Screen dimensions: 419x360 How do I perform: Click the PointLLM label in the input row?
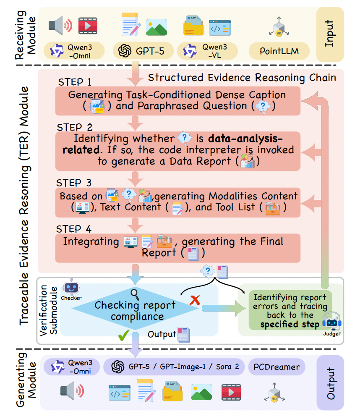[x=279, y=51]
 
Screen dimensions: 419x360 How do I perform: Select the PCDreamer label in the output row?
[x=277, y=367]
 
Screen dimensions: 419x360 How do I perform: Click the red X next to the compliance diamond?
[x=194, y=300]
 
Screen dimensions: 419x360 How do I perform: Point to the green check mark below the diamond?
[x=123, y=336]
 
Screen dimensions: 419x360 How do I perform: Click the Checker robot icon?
[x=71, y=288]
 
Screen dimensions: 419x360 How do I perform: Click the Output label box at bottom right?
[x=331, y=383]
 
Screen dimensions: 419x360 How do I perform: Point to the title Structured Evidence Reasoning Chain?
[x=242, y=77]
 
